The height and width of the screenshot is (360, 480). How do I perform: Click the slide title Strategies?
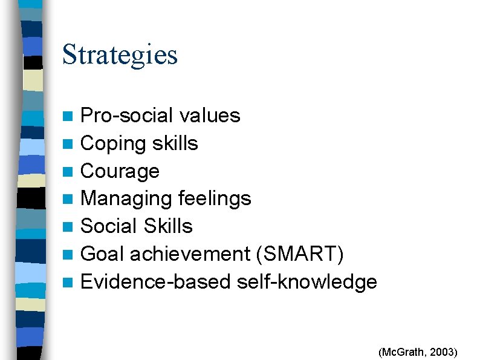120,54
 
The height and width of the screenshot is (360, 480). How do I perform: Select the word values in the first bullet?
209,115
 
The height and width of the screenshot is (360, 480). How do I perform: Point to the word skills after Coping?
175,143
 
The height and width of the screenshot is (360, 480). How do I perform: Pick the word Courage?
120,171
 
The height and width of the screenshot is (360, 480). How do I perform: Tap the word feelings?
215,198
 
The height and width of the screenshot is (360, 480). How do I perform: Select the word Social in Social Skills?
109,226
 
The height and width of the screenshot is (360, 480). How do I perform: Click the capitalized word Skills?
168,226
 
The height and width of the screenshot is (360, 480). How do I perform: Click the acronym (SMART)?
300,254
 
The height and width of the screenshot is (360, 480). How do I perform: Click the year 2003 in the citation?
444,352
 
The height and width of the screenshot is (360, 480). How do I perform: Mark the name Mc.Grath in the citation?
401,352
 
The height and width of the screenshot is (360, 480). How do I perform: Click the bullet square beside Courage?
71,172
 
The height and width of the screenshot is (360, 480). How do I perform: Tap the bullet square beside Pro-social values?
71,116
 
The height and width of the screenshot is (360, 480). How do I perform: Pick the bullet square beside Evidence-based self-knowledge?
71,282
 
